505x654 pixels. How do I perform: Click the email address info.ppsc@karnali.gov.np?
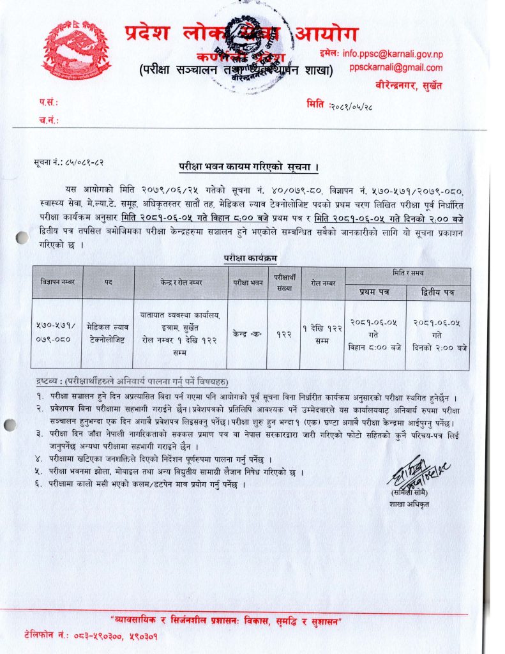tap(391, 55)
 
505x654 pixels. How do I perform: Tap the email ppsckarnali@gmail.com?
tap(396, 68)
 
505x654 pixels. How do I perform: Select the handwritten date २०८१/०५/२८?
tap(350, 105)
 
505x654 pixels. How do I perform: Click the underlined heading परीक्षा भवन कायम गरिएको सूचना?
tap(248, 167)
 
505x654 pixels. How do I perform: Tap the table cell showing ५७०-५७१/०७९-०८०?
tap(58, 333)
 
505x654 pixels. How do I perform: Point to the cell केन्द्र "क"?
tap(246, 334)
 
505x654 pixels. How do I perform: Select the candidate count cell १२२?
tap(283, 334)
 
